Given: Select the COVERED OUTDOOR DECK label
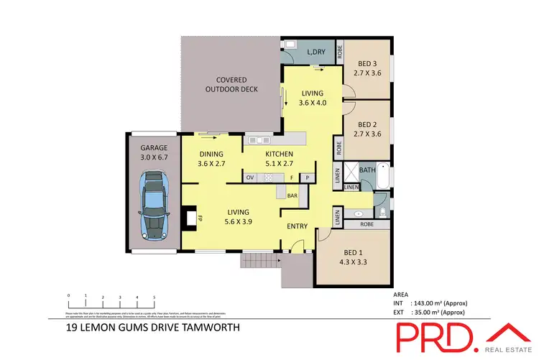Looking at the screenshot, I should coord(227,85).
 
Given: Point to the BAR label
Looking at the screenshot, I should coord(292,194).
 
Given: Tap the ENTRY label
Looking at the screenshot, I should coord(298,226).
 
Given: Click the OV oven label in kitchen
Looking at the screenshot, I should coord(250,177).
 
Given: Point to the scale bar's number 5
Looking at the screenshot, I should coord(155,296).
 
